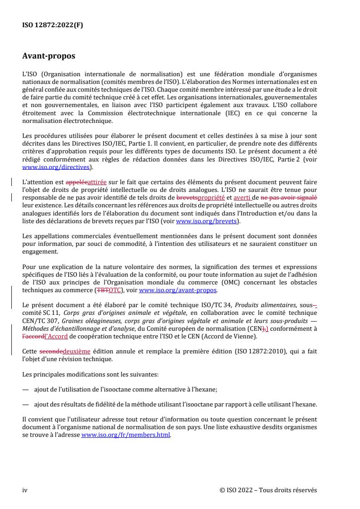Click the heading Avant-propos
(49, 57)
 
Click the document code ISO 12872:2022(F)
(53, 25)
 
